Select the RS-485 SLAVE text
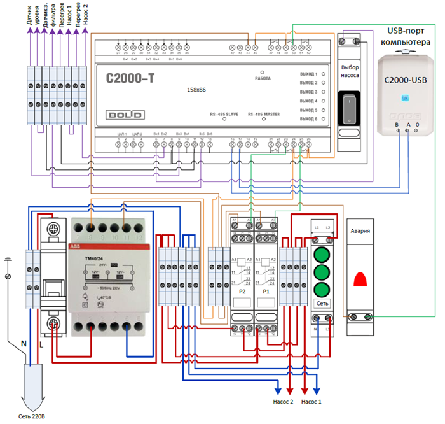pyautogui.click(x=224, y=115)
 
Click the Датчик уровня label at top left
pyautogui.click(x=32, y=19)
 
